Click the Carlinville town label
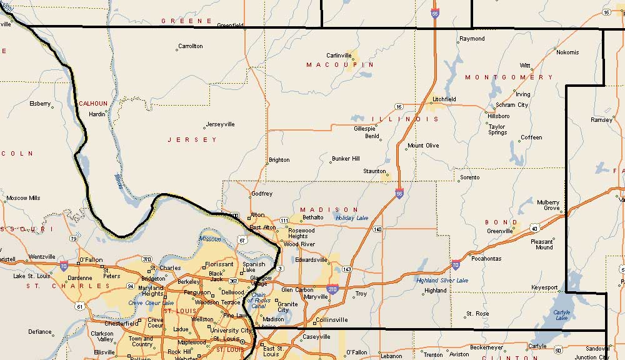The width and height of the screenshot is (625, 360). [339, 55]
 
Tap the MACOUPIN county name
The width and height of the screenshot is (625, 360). [340, 65]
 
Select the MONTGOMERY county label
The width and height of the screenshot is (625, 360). [509, 77]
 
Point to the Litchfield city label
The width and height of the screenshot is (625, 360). [444, 99]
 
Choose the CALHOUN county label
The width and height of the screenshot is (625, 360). [93, 104]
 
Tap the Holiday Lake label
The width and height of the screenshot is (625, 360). [352, 218]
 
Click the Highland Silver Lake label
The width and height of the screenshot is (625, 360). [442, 281]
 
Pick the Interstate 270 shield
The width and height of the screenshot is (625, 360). [332, 289]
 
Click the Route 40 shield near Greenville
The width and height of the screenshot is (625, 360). [534, 228]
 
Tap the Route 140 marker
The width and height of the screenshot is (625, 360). [377, 229]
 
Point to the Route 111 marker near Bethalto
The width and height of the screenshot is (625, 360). [284, 221]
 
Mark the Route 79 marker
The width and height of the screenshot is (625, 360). [74, 238]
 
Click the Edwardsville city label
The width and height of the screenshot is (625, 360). [312, 259]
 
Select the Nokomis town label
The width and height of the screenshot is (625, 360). [567, 52]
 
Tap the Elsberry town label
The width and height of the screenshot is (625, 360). [40, 104]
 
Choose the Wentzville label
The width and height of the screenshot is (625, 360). [42, 256]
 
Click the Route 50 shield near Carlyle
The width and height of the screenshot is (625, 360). [557, 350]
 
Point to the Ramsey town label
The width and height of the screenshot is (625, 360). [602, 119]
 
